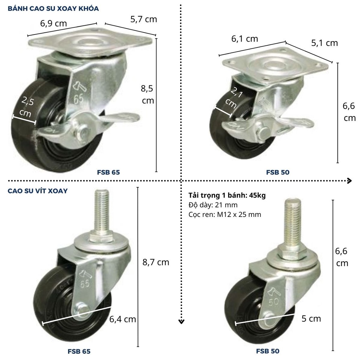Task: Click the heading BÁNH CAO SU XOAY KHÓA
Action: (53, 9)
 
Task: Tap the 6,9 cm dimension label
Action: (53, 24)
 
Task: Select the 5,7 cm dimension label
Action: (144, 19)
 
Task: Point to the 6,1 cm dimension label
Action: (245, 39)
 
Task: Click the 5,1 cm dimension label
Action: (324, 43)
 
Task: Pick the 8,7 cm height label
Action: (156, 262)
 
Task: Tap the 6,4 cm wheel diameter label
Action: (123, 319)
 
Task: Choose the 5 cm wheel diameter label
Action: (311, 319)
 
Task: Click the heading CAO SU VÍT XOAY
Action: (38, 191)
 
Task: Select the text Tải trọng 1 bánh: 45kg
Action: (227, 195)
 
